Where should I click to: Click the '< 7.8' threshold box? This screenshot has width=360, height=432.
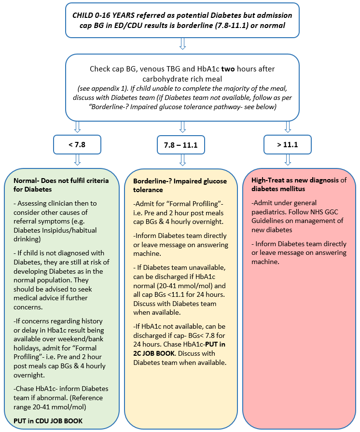77,144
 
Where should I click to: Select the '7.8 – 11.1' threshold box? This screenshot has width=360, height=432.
181,144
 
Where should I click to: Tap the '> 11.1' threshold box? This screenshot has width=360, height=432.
288,144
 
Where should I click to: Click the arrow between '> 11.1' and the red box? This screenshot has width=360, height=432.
288,160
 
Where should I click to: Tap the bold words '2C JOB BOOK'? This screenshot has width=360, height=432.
155,354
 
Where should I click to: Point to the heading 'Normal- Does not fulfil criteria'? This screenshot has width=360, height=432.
61,181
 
